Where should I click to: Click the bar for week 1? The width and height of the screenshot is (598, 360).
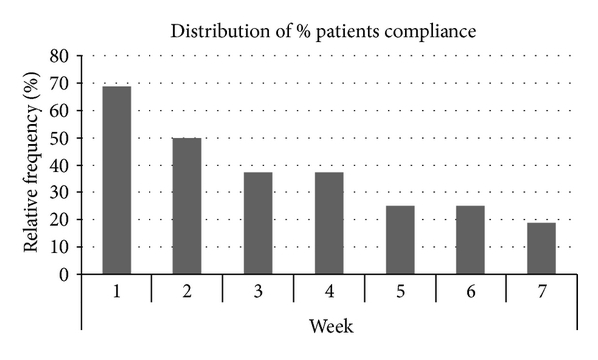[x=116, y=180]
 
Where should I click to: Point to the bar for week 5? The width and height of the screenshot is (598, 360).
[x=400, y=239]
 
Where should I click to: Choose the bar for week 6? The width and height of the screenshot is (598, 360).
[x=470, y=239]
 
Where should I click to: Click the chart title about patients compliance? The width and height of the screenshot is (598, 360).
[x=324, y=31]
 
